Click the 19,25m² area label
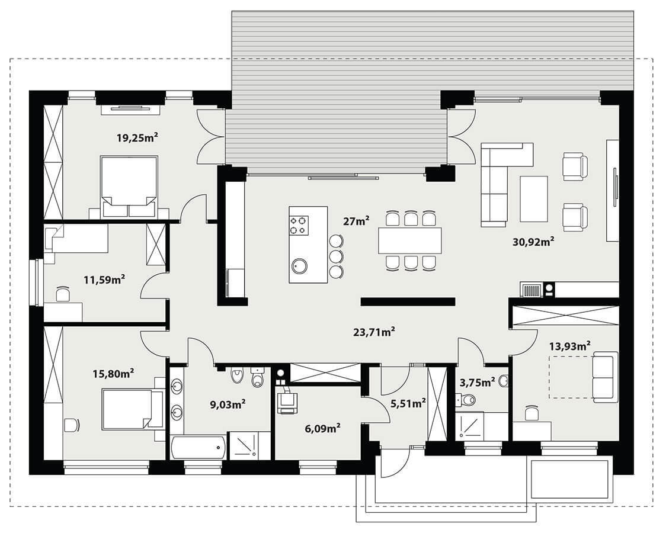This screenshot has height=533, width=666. pos(137,137)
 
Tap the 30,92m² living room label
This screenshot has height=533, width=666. pos(533,242)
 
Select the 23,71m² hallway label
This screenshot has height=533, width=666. pos(374,332)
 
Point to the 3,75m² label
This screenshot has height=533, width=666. pos(478,383)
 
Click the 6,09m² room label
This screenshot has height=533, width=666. pos(323,428)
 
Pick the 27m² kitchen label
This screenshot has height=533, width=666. pos(356,221)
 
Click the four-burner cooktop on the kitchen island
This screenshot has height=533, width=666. pos(298,225)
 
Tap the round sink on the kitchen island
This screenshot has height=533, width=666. pos(298,266)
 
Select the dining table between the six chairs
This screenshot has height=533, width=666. pos(410,240)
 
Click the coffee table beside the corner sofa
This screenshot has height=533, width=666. pos(533,198)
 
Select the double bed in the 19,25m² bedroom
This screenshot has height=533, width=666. pos(129,187)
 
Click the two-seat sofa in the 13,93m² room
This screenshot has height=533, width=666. pos(605,377)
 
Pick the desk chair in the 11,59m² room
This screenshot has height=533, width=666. pos(63,294)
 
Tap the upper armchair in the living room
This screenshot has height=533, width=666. pos(575,166)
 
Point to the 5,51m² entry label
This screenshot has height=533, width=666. pos(408,403)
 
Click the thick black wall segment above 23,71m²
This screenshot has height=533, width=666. pos(408,301)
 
